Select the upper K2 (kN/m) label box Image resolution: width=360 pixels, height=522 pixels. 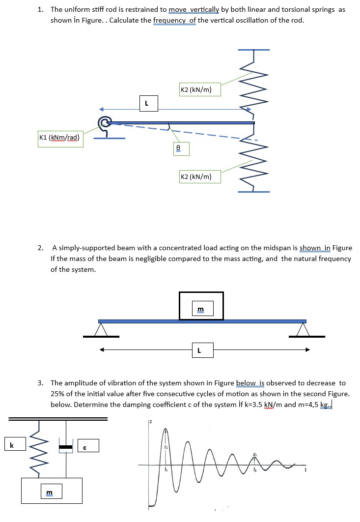pos(196,89)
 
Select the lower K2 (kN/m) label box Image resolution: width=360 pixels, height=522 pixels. pos(196,176)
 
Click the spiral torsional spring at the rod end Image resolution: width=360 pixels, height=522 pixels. pos(104,122)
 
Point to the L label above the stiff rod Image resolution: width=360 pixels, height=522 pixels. pos(146,103)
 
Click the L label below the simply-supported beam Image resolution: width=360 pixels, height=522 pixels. pos(199,350)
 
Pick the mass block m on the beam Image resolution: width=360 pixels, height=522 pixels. pos(201,306)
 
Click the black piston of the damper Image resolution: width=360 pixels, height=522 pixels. pos(65,447)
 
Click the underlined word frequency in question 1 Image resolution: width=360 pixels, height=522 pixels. pos(174,20)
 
